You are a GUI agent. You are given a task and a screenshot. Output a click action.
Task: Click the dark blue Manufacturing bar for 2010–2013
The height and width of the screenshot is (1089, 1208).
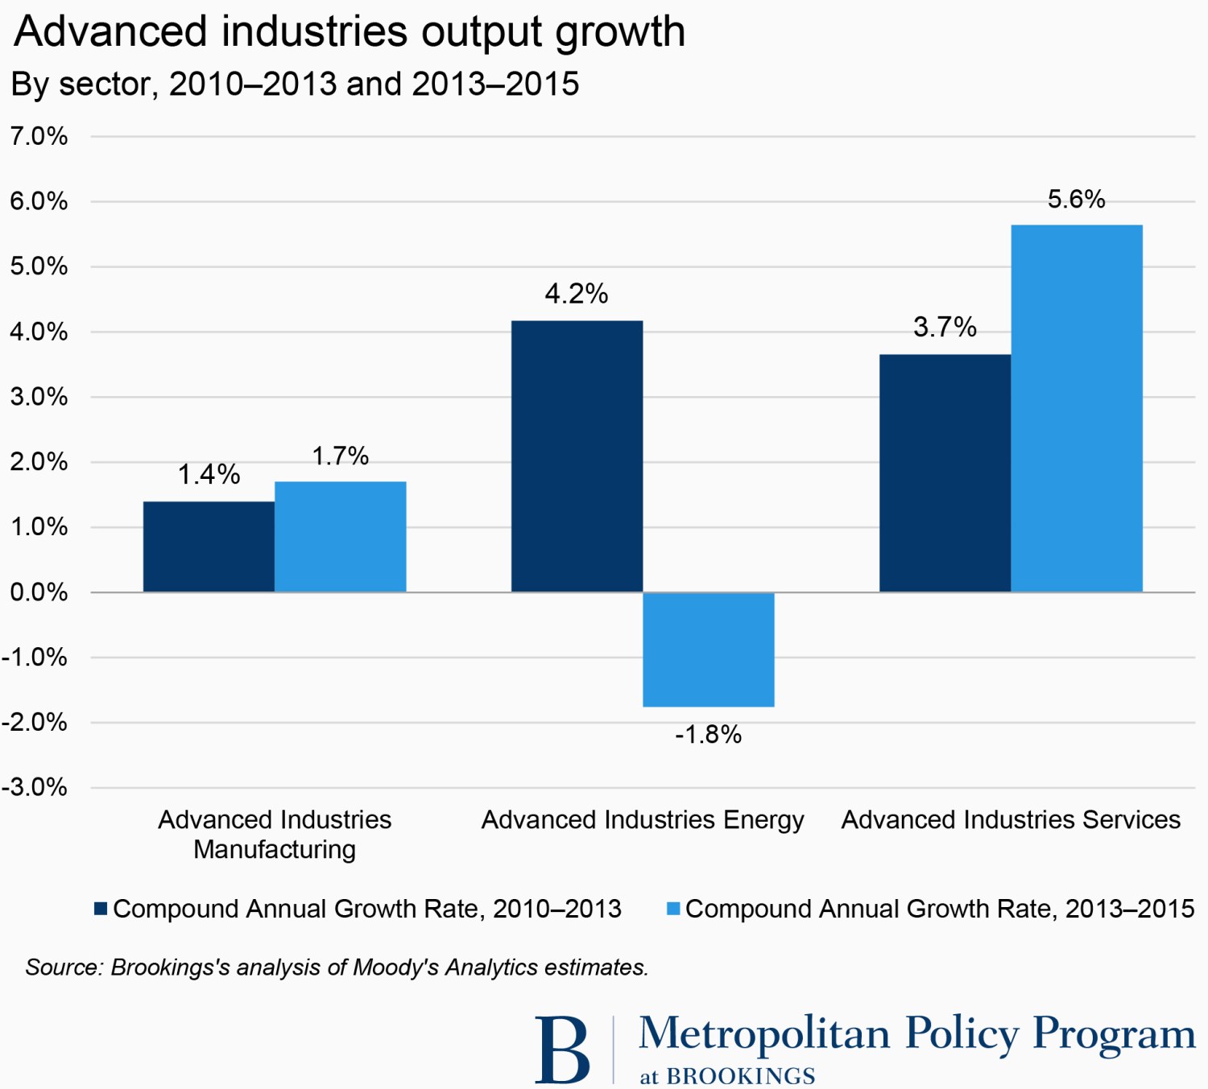click(x=209, y=547)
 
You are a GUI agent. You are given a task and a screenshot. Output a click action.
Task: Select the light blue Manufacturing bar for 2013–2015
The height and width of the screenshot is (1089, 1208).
click(x=340, y=537)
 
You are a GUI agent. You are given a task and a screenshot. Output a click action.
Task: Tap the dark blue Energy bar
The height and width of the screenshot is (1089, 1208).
click(x=577, y=456)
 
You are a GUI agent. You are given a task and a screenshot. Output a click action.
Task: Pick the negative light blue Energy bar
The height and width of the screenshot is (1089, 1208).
click(x=709, y=650)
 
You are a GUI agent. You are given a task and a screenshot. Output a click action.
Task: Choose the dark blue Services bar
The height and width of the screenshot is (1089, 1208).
click(x=945, y=473)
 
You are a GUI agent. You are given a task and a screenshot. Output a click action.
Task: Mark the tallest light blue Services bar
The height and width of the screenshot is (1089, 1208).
click(x=1077, y=409)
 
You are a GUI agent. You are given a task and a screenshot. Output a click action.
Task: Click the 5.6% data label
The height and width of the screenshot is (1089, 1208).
click(x=1076, y=200)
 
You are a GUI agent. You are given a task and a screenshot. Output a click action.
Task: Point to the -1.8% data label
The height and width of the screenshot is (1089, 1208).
click(x=708, y=735)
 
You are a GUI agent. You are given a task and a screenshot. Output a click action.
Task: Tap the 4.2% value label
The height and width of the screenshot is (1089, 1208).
click(x=577, y=294)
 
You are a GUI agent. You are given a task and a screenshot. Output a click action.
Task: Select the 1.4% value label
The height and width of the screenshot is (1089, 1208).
click(x=209, y=475)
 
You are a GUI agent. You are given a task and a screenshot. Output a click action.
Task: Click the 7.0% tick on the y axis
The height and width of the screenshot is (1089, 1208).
click(x=39, y=136)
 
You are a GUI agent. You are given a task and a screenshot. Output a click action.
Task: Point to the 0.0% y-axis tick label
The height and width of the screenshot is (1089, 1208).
click(x=39, y=592)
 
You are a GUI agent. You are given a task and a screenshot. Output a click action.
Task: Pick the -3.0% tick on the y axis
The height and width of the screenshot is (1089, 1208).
click(x=35, y=787)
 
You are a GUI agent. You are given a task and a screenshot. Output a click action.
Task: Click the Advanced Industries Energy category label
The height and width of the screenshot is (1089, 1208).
click(x=643, y=819)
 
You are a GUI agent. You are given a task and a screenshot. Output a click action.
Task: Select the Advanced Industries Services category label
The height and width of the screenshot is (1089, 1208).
click(x=1011, y=819)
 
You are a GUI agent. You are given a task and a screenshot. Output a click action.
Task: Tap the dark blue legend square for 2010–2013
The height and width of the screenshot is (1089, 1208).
click(x=101, y=909)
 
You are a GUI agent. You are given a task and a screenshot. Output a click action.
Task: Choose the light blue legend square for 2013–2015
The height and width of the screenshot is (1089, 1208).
click(x=673, y=909)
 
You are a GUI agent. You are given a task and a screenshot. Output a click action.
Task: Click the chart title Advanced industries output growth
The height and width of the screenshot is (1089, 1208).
click(x=350, y=32)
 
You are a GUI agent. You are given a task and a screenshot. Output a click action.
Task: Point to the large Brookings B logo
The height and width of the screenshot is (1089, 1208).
click(x=562, y=1050)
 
